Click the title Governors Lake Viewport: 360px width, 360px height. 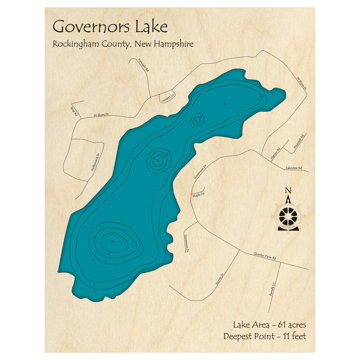(x=110, y=27)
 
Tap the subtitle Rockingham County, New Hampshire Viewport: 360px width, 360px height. (x=123, y=44)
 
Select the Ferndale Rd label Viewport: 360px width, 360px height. (x=143, y=66)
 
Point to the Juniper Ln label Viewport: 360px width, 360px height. (x=167, y=97)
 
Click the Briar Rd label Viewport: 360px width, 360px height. (x=74, y=112)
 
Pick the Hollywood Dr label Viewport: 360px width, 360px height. (x=95, y=161)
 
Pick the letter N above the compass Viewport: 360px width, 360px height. (x=288, y=190)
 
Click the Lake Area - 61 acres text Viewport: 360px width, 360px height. (x=269, y=325)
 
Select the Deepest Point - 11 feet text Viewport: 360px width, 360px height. (x=264, y=337)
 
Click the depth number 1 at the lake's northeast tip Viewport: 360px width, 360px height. (x=273, y=94)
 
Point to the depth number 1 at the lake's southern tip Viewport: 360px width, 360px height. (x=88, y=293)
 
